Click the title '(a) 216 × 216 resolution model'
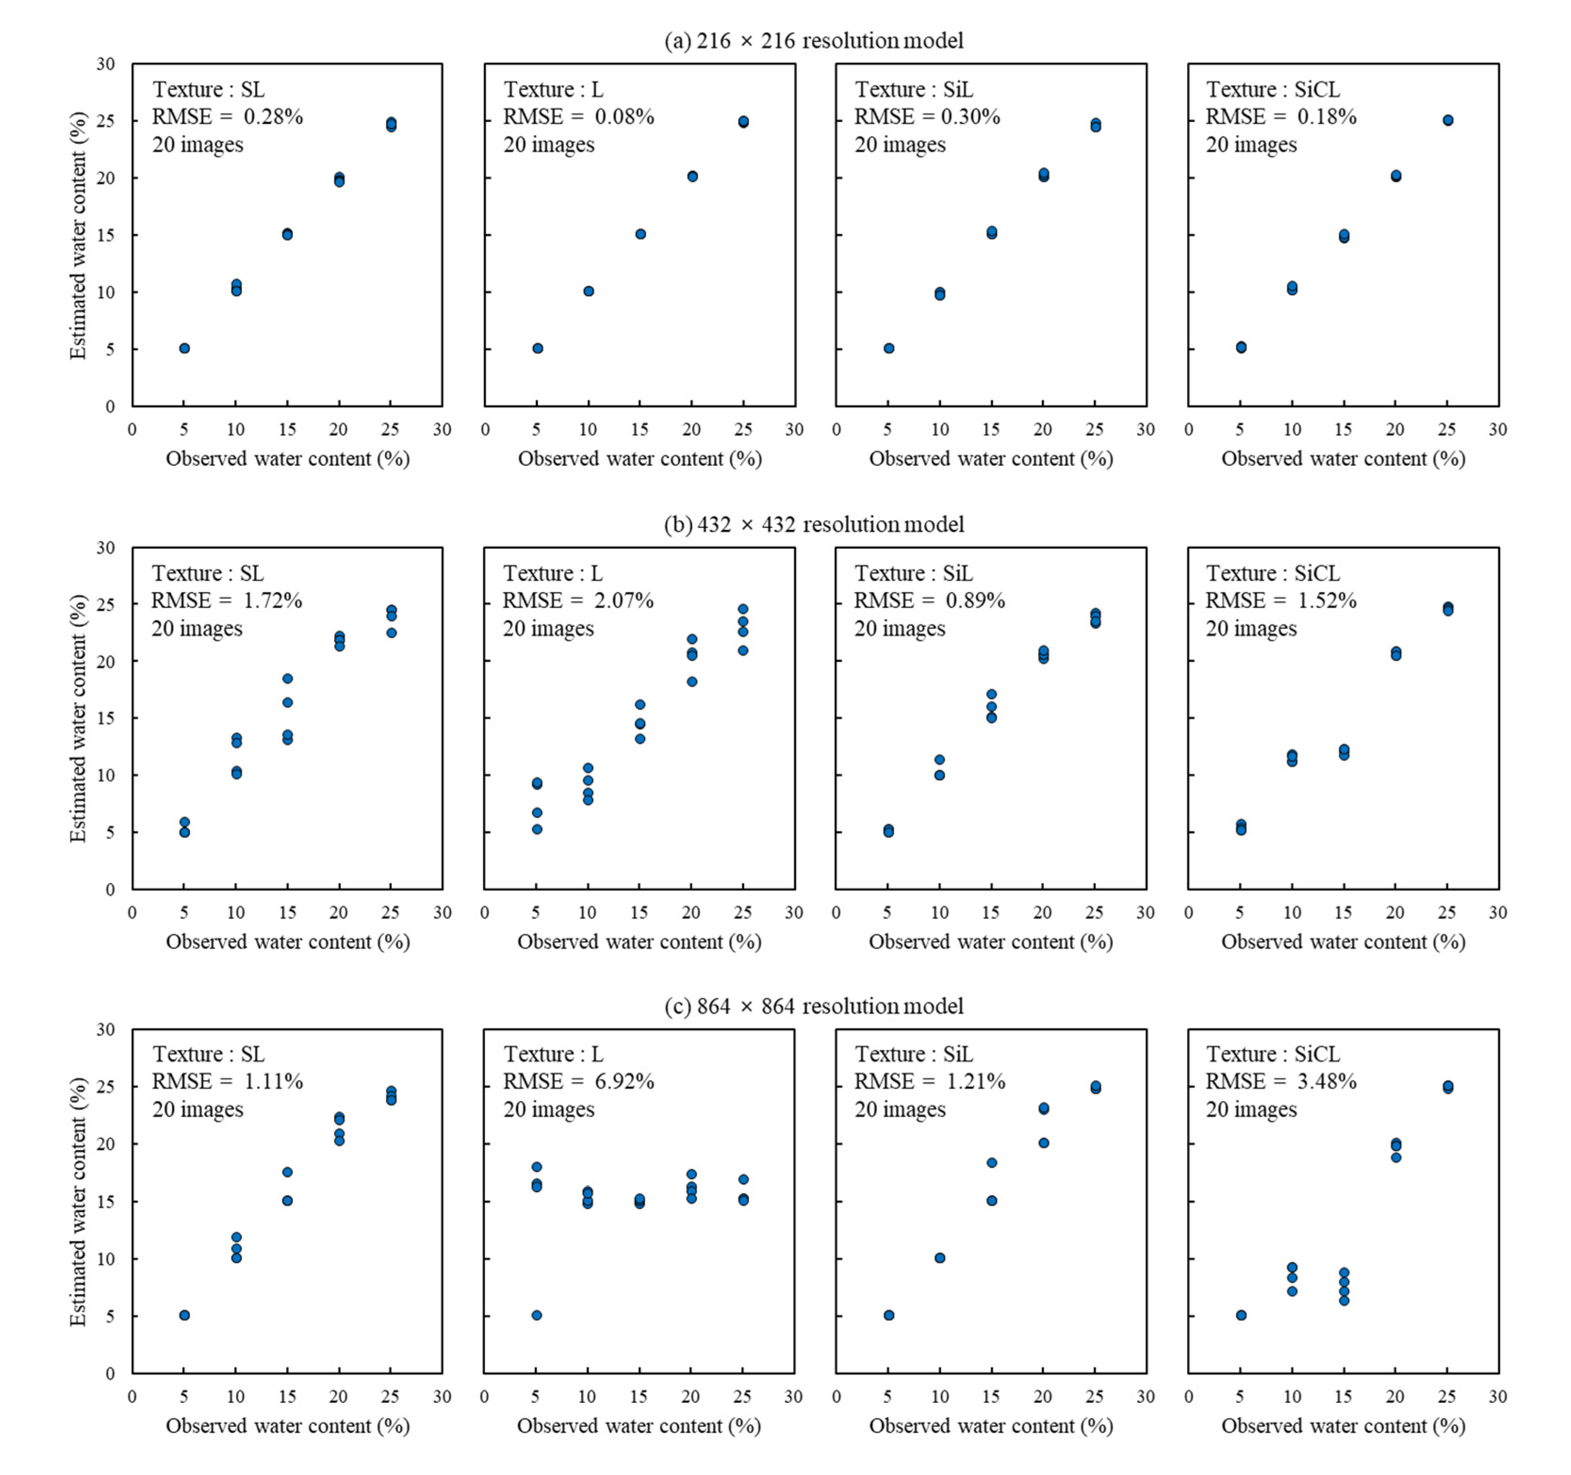[813, 41]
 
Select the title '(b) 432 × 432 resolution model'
[813, 524]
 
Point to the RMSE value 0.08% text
[624, 117]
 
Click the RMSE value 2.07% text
[624, 601]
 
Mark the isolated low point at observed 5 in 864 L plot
[537, 1315]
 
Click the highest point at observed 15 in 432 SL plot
[287, 678]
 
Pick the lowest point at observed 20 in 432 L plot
[691, 681]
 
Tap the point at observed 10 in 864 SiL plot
[940, 1258]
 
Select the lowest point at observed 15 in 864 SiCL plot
[1344, 1300]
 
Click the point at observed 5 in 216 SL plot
[184, 348]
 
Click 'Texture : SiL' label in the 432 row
[914, 573]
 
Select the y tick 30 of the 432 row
[105, 547]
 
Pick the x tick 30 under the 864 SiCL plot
[1497, 1397]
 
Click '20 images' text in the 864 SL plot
[197, 1109]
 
